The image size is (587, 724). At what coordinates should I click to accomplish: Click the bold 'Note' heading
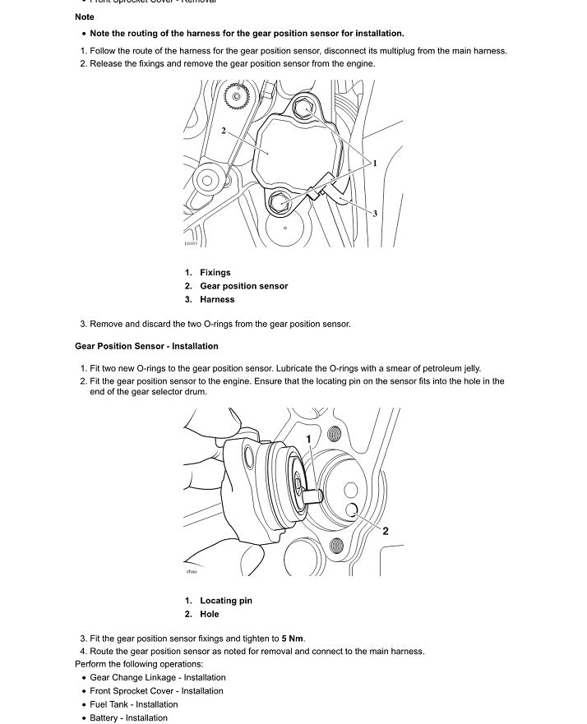coord(84,16)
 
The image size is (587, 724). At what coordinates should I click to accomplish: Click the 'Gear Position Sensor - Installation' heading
coord(146,346)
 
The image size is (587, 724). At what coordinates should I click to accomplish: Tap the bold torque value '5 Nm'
coord(293,639)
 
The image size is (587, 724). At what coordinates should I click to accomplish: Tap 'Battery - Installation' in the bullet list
coord(128,718)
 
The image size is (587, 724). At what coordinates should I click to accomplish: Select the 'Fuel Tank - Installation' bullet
coord(133,704)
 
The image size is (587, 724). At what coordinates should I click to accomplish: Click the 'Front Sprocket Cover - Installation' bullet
coord(157,691)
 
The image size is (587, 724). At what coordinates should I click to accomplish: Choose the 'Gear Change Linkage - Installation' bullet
coord(157,678)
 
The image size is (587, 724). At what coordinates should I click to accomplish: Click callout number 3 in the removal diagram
coord(375,214)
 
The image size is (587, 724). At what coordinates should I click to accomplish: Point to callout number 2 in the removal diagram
coord(224,131)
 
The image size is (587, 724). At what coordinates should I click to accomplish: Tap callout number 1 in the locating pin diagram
coord(309,440)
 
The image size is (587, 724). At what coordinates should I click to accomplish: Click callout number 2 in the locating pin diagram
coord(385,531)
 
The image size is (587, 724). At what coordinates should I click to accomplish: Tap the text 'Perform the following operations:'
coord(139,664)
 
